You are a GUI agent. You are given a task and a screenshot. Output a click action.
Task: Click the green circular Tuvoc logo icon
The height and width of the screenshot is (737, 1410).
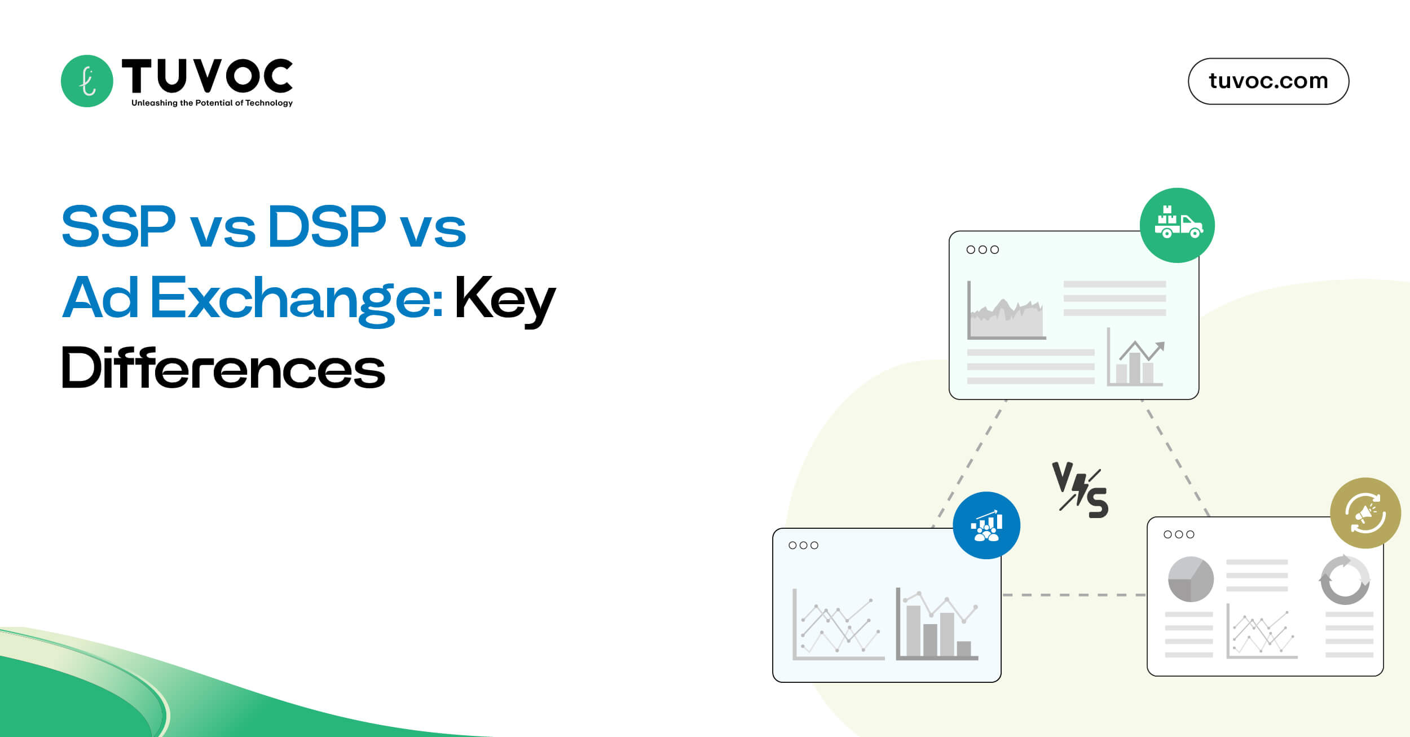(x=87, y=81)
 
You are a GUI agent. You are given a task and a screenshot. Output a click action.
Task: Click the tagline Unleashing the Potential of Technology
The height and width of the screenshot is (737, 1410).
(x=212, y=103)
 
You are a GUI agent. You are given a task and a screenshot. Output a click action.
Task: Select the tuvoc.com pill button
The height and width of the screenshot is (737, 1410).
(x=1268, y=81)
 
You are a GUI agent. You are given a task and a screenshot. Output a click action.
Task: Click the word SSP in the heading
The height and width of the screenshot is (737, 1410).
(x=118, y=227)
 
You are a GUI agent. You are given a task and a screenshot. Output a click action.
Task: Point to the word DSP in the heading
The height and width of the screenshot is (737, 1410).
(x=327, y=227)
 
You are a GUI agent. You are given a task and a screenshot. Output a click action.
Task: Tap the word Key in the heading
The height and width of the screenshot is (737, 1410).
(x=505, y=299)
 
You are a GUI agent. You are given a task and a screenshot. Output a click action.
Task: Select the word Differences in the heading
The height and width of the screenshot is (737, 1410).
(x=223, y=368)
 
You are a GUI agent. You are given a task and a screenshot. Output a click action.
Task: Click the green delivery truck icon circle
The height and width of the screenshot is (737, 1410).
(x=1177, y=225)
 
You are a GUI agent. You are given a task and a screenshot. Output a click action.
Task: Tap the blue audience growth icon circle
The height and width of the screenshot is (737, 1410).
(x=986, y=525)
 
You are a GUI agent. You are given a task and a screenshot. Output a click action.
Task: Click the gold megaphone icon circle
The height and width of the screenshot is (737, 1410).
(x=1365, y=513)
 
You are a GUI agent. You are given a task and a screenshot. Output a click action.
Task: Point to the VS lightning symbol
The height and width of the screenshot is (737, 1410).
(x=1080, y=490)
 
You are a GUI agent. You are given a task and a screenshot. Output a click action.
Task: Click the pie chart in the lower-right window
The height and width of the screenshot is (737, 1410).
(x=1191, y=580)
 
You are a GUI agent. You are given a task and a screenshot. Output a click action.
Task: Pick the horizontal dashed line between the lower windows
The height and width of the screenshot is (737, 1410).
(x=1074, y=595)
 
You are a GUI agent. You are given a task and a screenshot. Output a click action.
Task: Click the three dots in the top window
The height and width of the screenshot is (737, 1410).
(x=982, y=249)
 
